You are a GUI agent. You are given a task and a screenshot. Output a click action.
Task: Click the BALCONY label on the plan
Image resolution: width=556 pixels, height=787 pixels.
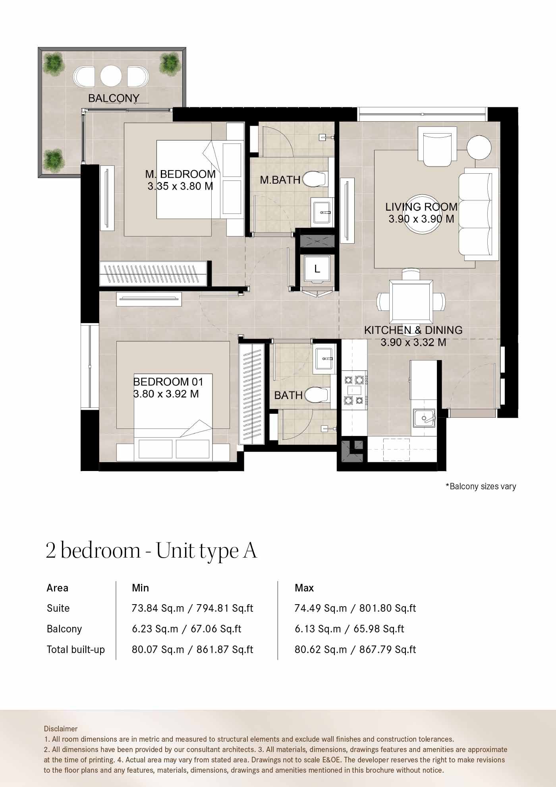pos(114,98)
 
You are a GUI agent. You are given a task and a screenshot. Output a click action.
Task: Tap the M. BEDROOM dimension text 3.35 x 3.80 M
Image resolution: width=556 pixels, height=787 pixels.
pos(180,186)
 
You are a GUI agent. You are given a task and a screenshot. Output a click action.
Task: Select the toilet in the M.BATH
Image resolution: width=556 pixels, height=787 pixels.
pos(315,179)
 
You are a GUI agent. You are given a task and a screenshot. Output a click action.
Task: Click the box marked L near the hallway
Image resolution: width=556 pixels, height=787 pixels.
pos(317,269)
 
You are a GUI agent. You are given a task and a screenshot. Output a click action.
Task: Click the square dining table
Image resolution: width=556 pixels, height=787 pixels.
pos(411,302)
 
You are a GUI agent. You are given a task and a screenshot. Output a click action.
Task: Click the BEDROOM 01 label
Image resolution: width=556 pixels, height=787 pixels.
pos(168,382)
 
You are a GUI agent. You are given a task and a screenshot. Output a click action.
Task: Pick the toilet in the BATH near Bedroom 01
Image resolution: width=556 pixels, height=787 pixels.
pos(316,395)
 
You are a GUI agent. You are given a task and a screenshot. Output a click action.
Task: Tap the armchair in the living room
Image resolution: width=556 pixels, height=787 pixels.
pos(437,146)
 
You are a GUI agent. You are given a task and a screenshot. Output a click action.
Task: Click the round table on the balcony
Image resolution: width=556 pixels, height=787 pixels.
pos(111,76)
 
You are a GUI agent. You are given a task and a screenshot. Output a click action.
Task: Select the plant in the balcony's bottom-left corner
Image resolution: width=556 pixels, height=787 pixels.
pos(54,159)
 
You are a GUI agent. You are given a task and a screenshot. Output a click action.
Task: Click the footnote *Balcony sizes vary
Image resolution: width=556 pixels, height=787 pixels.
pos(481,486)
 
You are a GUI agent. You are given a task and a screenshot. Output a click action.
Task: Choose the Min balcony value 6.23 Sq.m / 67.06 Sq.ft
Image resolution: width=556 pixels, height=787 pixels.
pos(186,629)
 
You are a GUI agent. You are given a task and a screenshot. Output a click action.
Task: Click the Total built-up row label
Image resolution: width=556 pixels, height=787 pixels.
pos(75,649)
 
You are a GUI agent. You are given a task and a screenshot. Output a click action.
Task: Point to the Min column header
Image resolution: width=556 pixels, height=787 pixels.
pos(140,588)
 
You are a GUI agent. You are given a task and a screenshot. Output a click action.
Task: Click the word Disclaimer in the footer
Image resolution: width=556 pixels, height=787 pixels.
pos(61,729)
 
